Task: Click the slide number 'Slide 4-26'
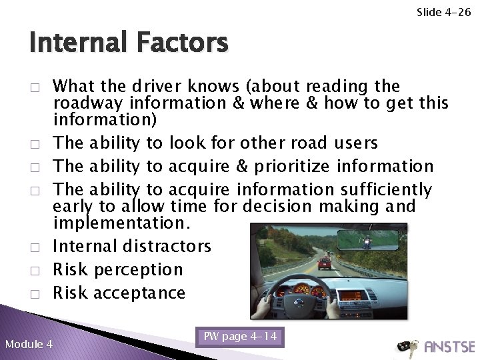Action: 443,11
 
